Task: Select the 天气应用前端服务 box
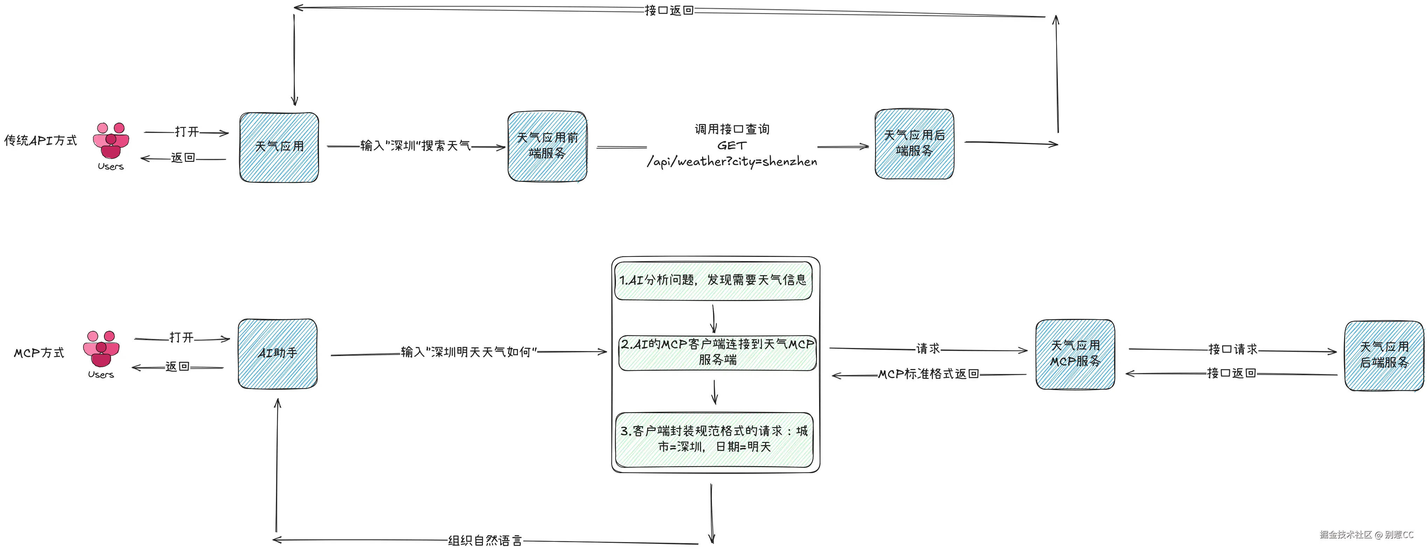pos(547,146)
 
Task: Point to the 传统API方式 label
pos(40,141)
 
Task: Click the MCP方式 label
pos(39,353)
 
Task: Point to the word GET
pos(732,146)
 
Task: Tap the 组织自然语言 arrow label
pos(485,541)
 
